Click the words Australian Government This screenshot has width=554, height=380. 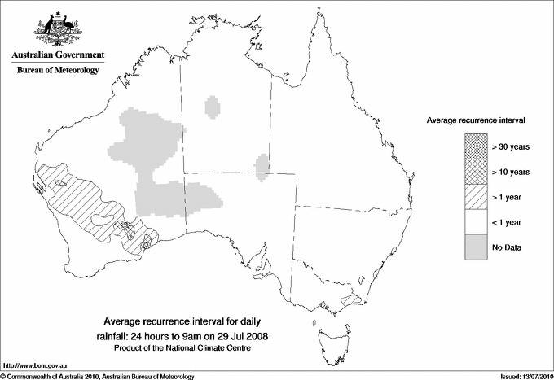pyautogui.click(x=57, y=55)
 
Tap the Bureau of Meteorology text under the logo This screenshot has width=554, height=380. pyautogui.click(x=57, y=71)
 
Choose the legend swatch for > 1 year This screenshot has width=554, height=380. pyautogui.click(x=476, y=196)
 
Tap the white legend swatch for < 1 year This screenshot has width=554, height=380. pyautogui.click(x=476, y=221)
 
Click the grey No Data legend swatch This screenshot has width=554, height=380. pyautogui.click(x=476, y=247)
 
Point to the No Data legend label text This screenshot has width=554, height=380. pyautogui.click(x=507, y=247)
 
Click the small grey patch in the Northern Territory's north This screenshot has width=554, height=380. pyautogui.click(x=213, y=107)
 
